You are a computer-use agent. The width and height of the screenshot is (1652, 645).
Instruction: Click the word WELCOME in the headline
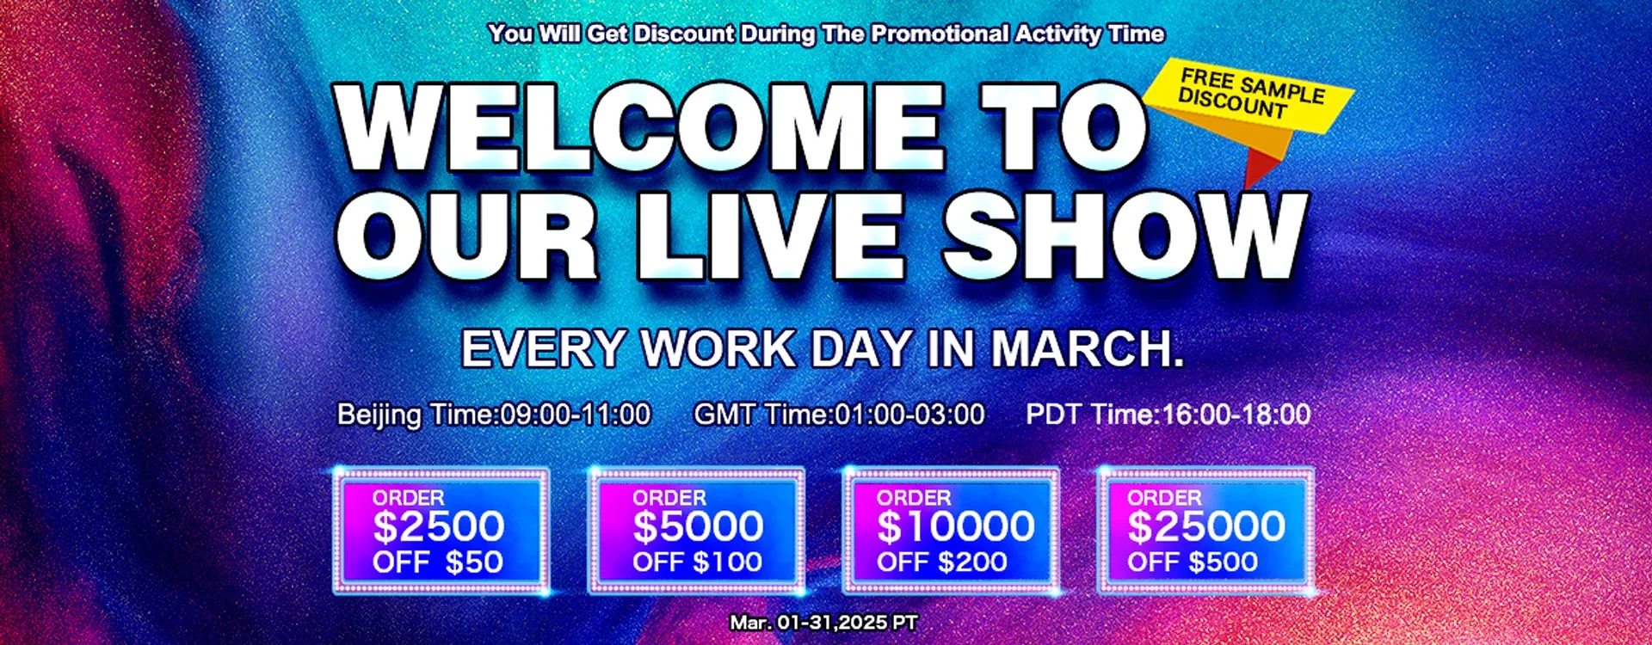[x=640, y=129]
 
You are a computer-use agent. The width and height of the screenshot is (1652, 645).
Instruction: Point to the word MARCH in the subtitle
[x=1088, y=348]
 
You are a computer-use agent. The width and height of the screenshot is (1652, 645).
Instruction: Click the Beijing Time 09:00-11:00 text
[x=494, y=415]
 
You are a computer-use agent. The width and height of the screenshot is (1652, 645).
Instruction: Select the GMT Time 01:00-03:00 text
[x=839, y=415]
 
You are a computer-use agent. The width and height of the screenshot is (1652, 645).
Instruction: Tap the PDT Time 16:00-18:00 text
[x=1168, y=415]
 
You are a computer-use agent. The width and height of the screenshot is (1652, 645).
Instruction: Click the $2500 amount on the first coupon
[x=438, y=526]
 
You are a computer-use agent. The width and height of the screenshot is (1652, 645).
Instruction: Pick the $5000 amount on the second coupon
[x=698, y=526]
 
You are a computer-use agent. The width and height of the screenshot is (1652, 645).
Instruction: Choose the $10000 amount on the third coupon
[x=955, y=526]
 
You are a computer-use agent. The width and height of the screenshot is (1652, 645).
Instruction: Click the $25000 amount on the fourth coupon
[x=1206, y=526]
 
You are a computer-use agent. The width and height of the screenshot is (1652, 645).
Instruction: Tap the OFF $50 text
[x=437, y=562]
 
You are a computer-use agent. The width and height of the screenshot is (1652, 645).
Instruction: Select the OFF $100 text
[x=697, y=562]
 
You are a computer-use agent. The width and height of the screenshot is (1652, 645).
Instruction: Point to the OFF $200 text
[x=941, y=562]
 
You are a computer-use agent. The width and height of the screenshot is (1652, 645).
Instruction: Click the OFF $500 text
[x=1193, y=562]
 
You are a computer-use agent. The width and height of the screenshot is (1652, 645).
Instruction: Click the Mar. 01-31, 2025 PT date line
[x=823, y=622]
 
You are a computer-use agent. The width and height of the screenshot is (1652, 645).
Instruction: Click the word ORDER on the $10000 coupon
[x=914, y=498]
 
